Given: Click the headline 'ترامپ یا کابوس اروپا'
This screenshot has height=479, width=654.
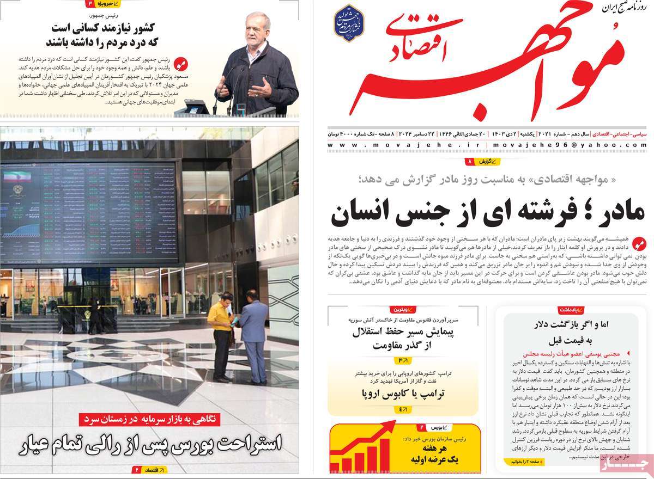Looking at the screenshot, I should pos(403,394).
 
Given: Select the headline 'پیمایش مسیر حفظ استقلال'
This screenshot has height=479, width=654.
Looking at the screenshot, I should pos(403,331).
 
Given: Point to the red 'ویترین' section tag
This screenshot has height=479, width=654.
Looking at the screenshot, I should pos(403,310).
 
